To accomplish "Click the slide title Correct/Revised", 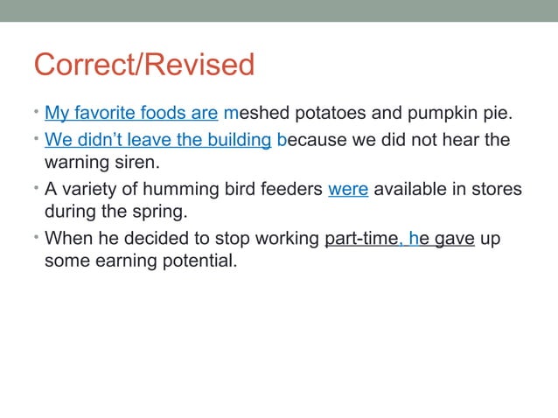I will (144, 65).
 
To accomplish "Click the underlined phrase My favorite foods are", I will (131, 113).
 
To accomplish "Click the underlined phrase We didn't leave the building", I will (158, 140).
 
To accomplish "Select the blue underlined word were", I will (348, 190).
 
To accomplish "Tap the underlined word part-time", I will (361, 239).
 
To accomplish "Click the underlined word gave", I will (454, 239).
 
